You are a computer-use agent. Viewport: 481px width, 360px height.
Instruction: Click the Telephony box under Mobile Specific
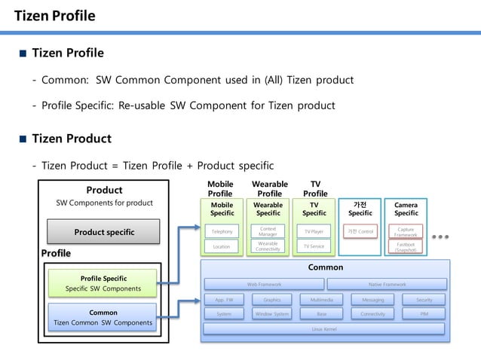[222, 231]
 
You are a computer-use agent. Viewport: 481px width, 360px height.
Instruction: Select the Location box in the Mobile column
[222, 246]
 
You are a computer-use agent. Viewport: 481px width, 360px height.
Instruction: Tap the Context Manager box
[268, 231]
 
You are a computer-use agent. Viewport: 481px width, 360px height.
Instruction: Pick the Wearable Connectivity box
[268, 246]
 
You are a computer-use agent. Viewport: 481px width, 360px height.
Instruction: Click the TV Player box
[314, 231]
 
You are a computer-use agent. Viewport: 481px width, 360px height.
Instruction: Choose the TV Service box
[314, 246]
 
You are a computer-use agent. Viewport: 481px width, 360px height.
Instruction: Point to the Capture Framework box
[406, 231]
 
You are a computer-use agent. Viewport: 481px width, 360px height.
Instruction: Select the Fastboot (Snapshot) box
[406, 246]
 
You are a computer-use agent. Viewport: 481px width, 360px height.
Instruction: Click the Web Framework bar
[264, 284]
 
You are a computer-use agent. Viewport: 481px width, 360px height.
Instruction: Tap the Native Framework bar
[387, 284]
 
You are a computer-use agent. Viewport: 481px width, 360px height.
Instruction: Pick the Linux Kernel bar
[325, 328]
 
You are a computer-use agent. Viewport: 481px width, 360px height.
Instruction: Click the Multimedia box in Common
[321, 300]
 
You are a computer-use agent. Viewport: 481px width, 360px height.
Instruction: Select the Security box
[424, 300]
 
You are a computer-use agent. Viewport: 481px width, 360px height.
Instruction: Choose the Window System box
[271, 313]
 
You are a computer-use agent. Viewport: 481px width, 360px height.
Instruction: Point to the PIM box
[424, 313]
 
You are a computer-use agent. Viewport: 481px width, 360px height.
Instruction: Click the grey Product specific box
[104, 232]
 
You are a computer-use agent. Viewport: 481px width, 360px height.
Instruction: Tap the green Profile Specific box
[104, 283]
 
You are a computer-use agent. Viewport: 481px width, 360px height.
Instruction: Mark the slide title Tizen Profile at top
[55, 16]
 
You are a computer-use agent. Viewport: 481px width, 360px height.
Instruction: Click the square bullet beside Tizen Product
[23, 139]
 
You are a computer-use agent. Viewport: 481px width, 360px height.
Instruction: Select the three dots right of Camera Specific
[440, 236]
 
